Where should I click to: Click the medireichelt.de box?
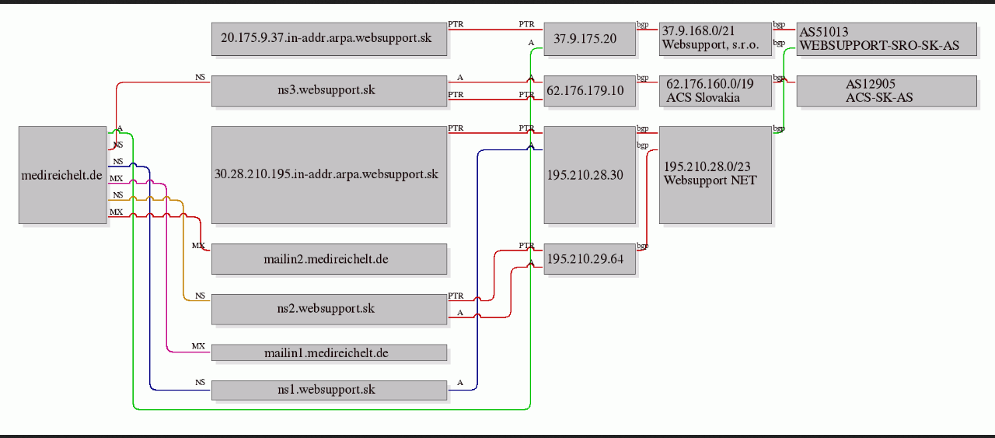click(63, 175)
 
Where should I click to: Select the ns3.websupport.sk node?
click(329, 91)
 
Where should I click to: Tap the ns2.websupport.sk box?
click(329, 310)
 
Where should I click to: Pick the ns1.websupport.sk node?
click(329, 390)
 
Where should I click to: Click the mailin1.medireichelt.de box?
click(329, 352)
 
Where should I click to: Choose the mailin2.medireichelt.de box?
click(329, 259)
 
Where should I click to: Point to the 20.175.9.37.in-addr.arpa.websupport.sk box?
click(329, 39)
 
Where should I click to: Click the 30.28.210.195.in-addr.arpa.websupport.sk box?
click(329, 175)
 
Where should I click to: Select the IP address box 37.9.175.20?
click(590, 39)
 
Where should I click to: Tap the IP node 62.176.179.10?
click(590, 91)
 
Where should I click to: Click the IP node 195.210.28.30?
click(590, 175)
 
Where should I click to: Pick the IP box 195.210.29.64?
click(590, 259)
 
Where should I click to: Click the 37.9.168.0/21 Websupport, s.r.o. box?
click(716, 39)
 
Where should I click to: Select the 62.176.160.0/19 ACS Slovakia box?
click(716, 91)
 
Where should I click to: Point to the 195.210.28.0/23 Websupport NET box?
click(716, 175)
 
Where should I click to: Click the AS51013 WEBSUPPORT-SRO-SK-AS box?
click(887, 39)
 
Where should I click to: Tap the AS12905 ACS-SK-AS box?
click(887, 91)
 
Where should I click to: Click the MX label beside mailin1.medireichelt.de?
click(198, 346)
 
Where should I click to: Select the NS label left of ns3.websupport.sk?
click(201, 77)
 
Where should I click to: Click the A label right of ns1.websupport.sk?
click(460, 383)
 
